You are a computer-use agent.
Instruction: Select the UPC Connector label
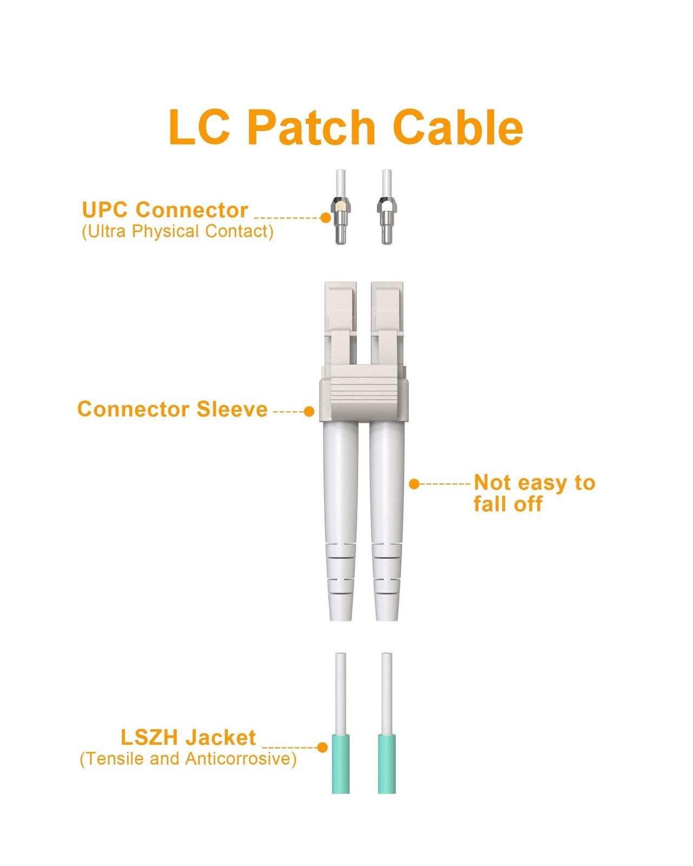(x=165, y=209)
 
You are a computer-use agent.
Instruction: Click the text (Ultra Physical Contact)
(x=178, y=231)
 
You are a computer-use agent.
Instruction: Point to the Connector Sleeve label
(x=172, y=409)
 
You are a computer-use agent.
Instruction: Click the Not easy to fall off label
(x=534, y=493)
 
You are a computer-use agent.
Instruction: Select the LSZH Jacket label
(x=188, y=737)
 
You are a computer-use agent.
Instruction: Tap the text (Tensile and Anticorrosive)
(x=188, y=759)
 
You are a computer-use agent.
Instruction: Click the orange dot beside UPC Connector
(x=325, y=218)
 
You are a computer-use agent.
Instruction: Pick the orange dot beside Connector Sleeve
(x=309, y=411)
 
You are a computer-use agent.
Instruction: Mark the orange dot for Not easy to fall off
(x=414, y=484)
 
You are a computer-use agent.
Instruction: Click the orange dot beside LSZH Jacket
(x=322, y=747)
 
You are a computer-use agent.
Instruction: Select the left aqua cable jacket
(x=341, y=763)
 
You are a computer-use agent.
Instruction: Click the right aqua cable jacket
(x=387, y=763)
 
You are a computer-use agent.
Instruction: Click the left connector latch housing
(x=341, y=319)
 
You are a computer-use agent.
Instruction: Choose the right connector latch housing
(x=387, y=319)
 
